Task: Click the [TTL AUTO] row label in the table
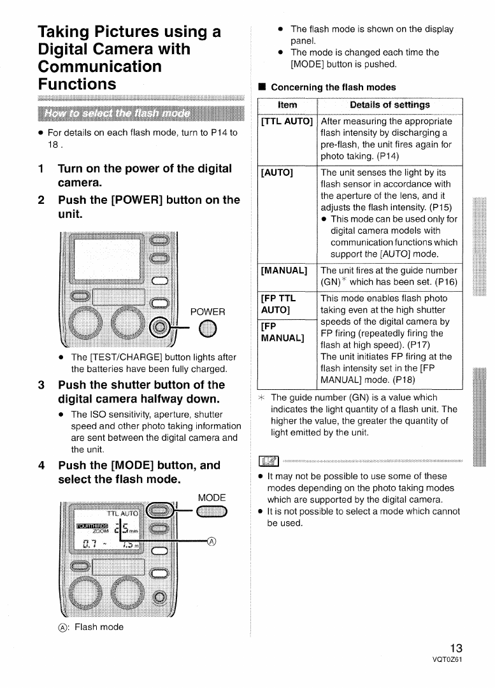pyautogui.click(x=287, y=121)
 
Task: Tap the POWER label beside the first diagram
pyautogui.click(x=208, y=312)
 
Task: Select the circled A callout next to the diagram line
pyautogui.click(x=212, y=542)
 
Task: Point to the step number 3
pyautogui.click(x=41, y=385)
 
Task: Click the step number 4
pyautogui.click(x=41, y=465)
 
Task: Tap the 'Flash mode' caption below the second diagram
pyautogui.click(x=98, y=627)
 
